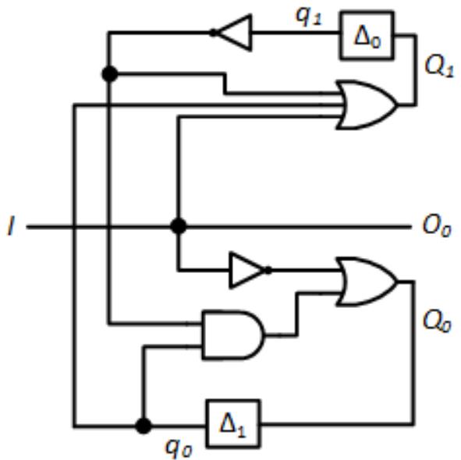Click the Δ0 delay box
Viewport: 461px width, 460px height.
click(367, 35)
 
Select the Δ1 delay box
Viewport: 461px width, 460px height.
click(233, 423)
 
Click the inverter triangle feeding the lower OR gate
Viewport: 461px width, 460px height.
click(247, 270)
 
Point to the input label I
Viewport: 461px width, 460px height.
click(11, 226)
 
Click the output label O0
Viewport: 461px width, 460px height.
click(437, 226)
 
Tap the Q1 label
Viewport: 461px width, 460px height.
click(439, 67)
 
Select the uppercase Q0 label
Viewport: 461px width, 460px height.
click(437, 321)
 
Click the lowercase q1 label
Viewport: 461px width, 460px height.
click(309, 16)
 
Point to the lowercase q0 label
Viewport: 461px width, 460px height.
click(179, 448)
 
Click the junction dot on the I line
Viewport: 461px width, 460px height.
click(179, 226)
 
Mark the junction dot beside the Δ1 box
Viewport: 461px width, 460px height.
click(144, 426)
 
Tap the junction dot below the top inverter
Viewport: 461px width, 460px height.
click(110, 74)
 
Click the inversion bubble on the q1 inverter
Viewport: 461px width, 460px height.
click(213, 33)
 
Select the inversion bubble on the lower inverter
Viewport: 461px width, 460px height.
click(268, 270)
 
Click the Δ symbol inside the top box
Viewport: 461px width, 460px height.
click(363, 35)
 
